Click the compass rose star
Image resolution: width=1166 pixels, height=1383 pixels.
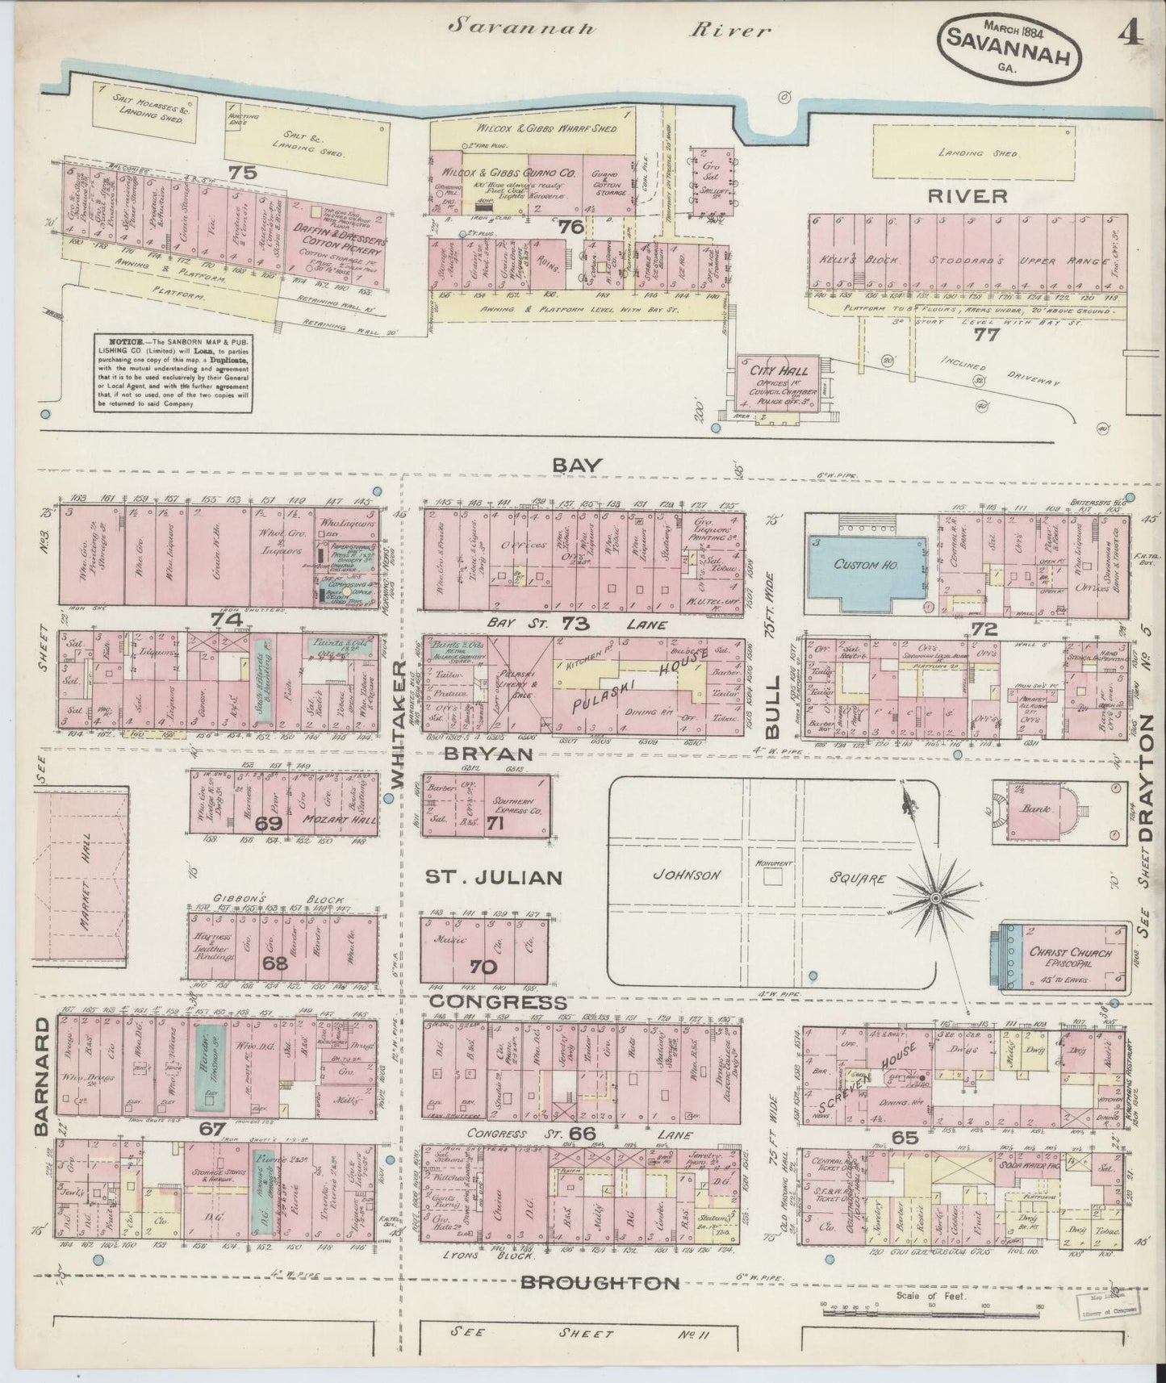[x=934, y=897]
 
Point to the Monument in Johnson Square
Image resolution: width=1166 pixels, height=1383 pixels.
[x=773, y=865]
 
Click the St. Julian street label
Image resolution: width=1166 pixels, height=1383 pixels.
[x=493, y=876]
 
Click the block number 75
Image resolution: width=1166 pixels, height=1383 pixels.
[x=241, y=171]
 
